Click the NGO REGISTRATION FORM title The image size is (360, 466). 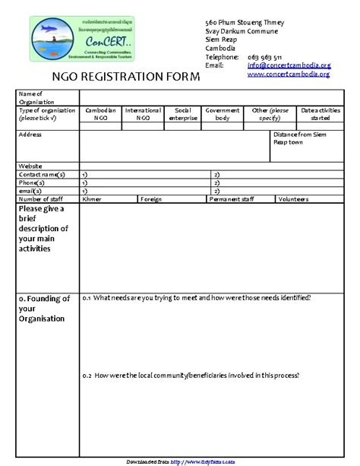(125, 77)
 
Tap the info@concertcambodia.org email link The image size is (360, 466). (289, 65)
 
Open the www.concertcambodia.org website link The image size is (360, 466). (289, 74)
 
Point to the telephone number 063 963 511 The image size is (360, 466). (265, 57)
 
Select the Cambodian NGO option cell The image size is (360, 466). (100, 114)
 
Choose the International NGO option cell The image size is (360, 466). (143, 114)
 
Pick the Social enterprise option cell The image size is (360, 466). (183, 114)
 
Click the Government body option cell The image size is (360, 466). (223, 114)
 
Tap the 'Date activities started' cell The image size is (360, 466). (320, 114)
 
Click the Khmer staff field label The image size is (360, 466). (92, 199)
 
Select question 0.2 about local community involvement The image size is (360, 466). (191, 376)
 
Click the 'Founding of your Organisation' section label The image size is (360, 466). (44, 309)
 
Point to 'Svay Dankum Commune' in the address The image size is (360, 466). (242, 32)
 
